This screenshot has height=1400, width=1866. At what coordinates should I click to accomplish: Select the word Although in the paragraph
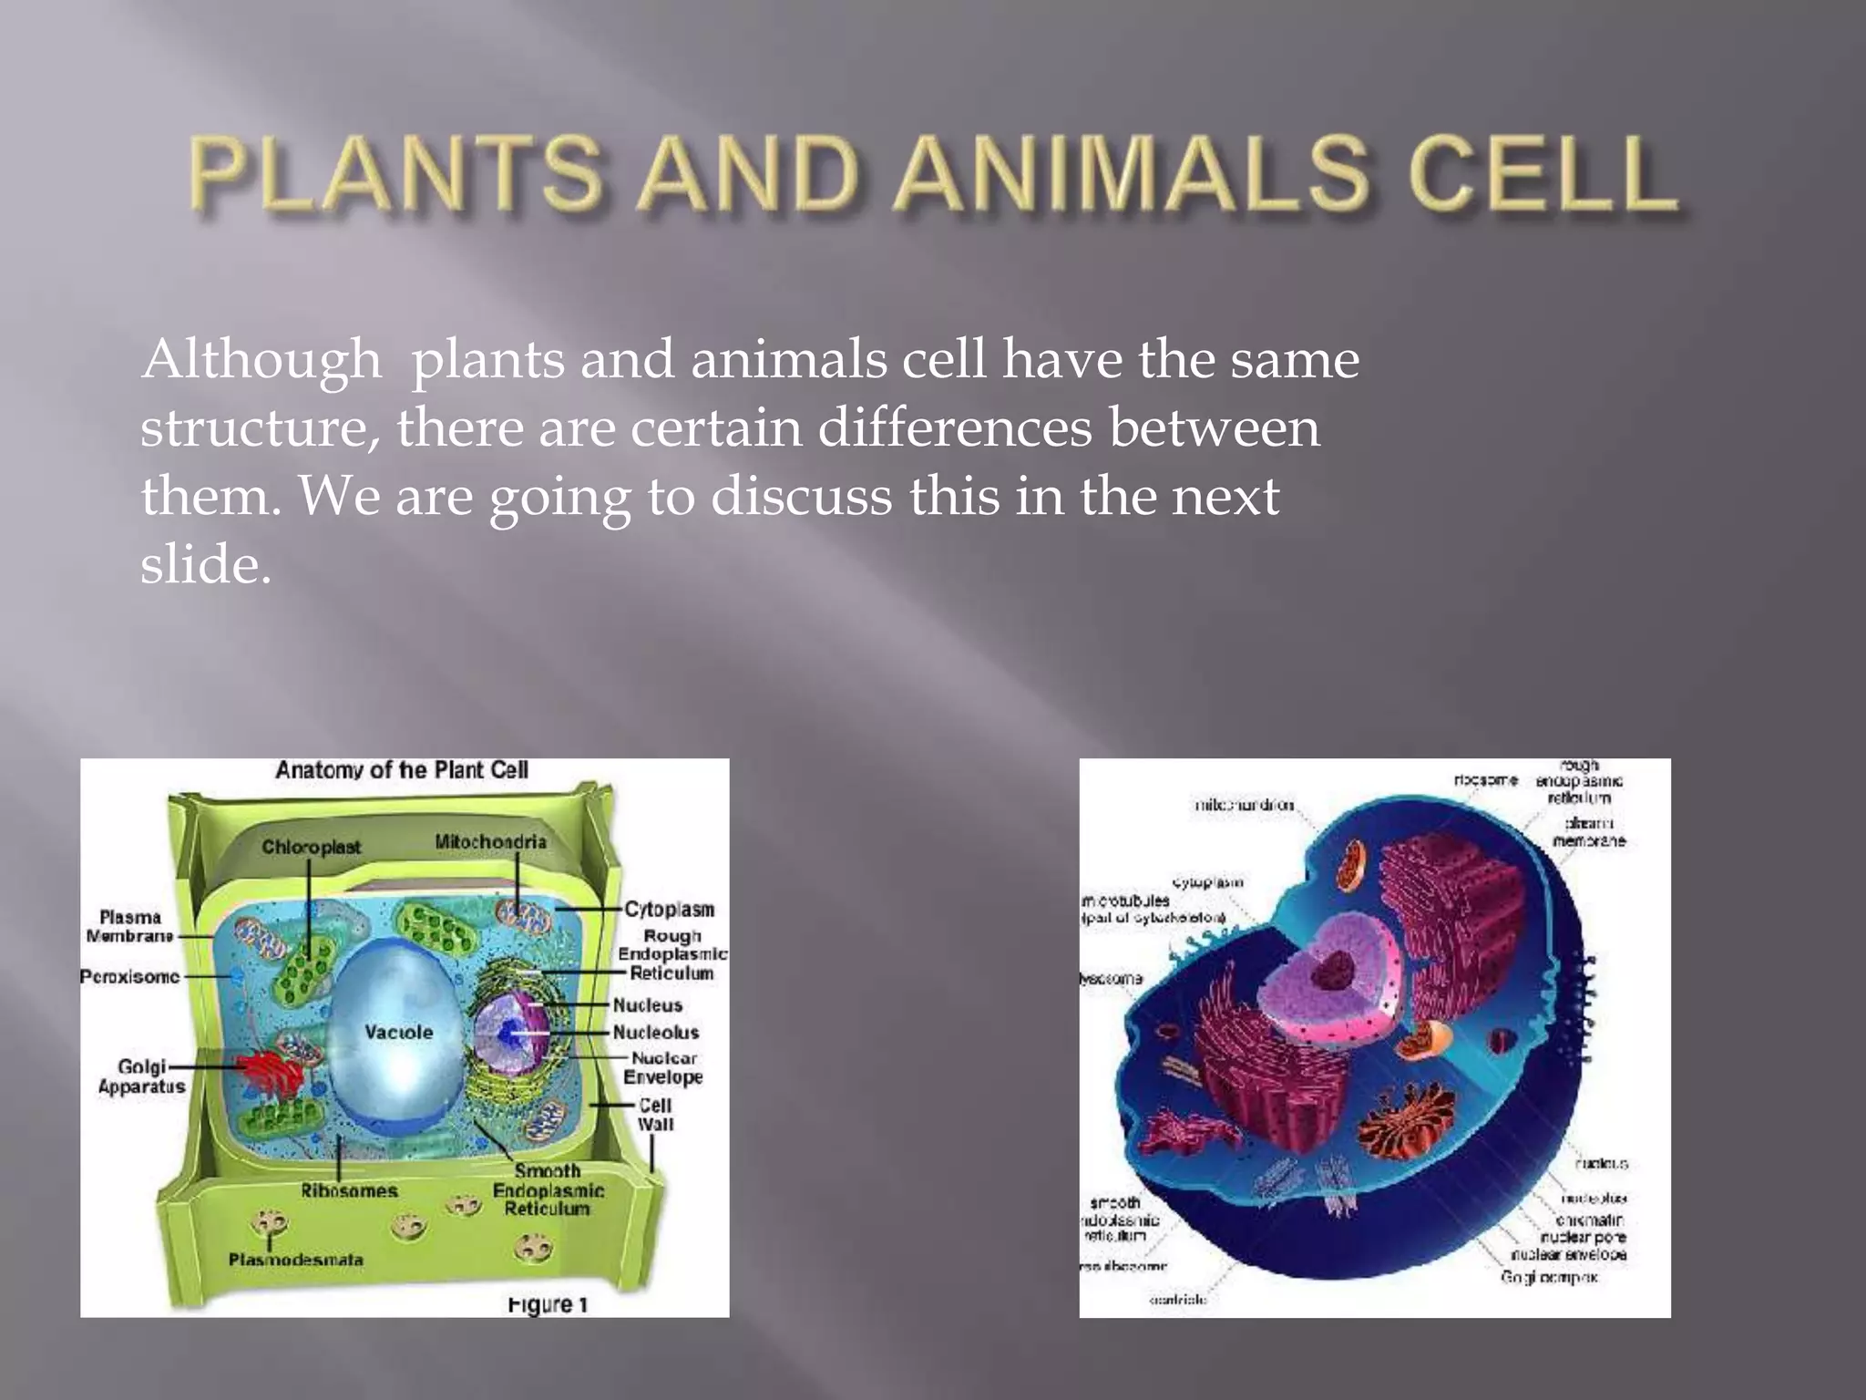261,360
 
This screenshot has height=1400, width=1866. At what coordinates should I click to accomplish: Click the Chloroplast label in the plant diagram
311,847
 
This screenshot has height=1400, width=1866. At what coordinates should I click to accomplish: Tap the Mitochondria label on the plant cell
490,841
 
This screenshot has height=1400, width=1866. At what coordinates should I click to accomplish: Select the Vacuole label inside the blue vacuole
398,1032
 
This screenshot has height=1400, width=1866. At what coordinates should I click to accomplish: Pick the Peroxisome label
129,976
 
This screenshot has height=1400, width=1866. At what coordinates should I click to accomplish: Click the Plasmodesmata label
295,1260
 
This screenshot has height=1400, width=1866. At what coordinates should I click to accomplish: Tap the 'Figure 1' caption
547,1304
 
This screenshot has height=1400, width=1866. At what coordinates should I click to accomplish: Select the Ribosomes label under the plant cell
349,1190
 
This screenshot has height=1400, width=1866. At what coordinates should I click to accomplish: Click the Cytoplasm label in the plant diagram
669,909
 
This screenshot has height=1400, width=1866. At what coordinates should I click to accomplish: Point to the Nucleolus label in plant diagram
655,1032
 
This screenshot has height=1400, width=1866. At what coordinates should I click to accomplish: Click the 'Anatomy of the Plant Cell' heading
401,770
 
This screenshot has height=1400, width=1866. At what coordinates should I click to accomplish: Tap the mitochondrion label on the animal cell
1244,805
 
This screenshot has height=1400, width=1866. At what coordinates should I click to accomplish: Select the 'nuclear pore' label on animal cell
1583,1237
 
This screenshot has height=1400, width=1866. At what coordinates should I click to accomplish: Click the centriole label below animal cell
1177,1300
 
